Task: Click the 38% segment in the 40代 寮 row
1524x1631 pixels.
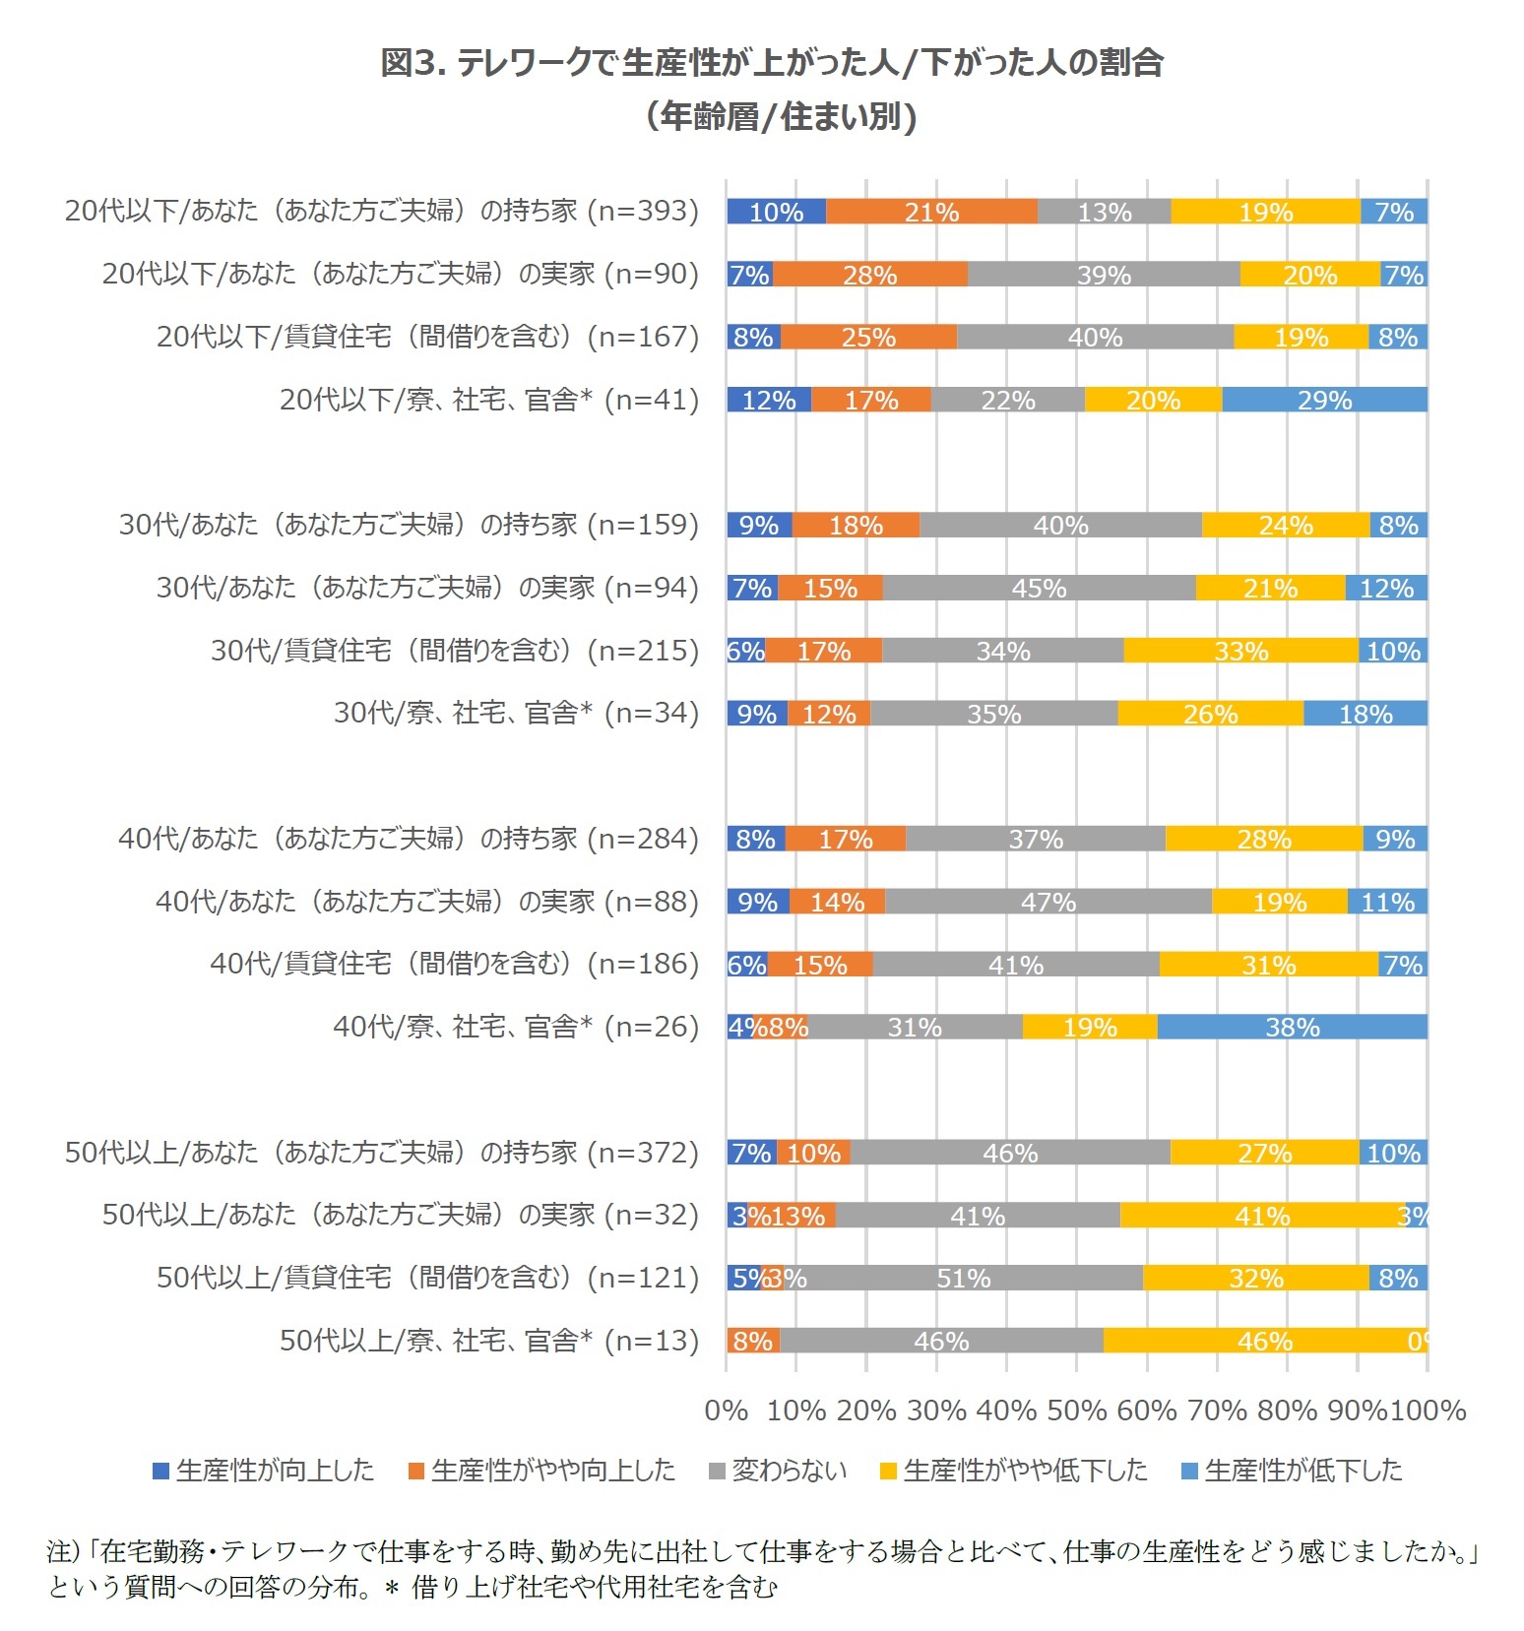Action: (1292, 1027)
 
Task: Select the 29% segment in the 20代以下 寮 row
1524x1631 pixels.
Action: (1324, 400)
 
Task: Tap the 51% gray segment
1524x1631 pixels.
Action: (963, 1278)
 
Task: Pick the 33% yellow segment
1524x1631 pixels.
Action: (1240, 651)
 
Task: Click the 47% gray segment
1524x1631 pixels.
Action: (1048, 902)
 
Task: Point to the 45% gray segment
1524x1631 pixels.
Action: (1039, 588)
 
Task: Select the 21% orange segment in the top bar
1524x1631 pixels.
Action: (931, 212)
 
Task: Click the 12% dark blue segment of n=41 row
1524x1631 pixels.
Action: (769, 400)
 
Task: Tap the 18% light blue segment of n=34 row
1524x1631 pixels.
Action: (1365, 714)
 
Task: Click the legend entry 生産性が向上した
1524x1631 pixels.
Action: (263, 1471)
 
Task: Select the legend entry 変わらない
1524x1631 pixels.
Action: (778, 1471)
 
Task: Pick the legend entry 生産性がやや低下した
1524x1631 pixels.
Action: (1014, 1471)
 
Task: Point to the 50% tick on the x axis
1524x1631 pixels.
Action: (1077, 1411)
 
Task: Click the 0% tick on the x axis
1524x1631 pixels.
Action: (727, 1411)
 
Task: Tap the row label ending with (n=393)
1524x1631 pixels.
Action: (382, 211)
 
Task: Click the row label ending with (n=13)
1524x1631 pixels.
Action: (489, 1341)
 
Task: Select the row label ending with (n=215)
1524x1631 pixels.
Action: (455, 651)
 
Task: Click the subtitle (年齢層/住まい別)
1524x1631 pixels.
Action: (782, 117)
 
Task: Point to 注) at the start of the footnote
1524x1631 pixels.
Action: (63, 1552)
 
